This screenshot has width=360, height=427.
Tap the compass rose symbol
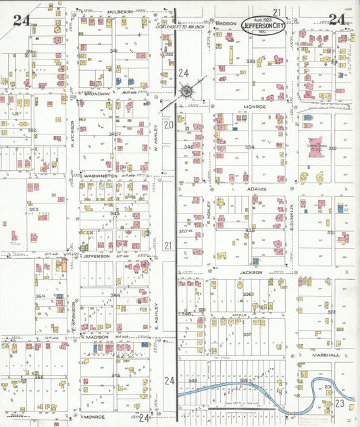[x=186, y=91]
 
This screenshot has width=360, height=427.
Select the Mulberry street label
[x=120, y=11]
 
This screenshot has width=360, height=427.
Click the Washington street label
[x=101, y=175]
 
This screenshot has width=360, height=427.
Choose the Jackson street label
[x=250, y=272]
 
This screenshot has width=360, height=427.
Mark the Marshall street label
[x=325, y=354]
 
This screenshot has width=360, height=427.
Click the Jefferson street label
[x=96, y=256]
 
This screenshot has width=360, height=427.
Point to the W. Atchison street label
[x=72, y=134]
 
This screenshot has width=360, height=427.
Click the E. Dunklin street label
[x=292, y=218]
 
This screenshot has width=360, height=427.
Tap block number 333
[x=251, y=61]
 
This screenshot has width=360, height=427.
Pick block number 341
[x=114, y=51]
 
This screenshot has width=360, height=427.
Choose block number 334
[x=250, y=147]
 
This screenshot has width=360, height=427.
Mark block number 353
[x=32, y=209]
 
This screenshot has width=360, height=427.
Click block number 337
[x=247, y=334]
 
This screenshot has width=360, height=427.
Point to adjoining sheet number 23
[x=340, y=403]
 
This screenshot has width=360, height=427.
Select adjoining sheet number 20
[x=169, y=125]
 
